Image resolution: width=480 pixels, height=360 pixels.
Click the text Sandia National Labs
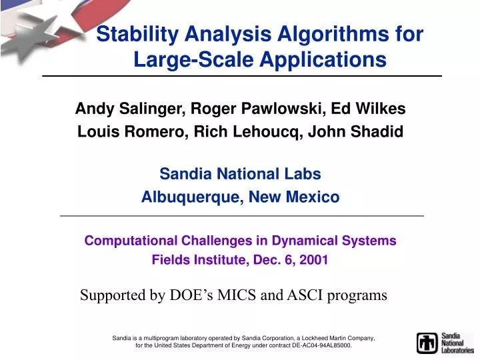240,174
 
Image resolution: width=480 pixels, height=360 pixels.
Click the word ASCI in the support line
307,295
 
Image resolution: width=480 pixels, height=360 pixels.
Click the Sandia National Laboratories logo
445,343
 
